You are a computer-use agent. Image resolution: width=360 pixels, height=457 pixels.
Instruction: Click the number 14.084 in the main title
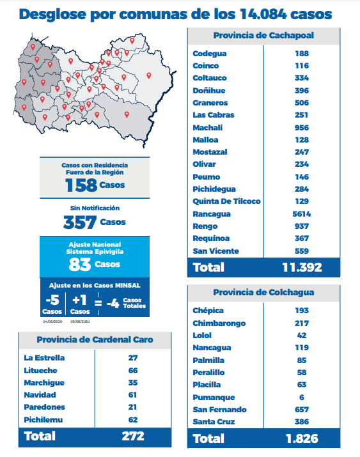(x=263, y=14)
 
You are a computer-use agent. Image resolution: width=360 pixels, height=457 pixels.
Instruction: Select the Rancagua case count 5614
(x=302, y=214)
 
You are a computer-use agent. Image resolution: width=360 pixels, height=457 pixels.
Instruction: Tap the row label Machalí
(x=208, y=128)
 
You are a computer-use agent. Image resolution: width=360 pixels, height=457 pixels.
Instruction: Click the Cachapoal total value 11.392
(x=302, y=267)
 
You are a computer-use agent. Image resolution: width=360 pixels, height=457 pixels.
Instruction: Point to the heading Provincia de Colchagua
(x=263, y=292)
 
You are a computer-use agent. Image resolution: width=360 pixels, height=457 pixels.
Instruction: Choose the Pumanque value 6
(x=302, y=398)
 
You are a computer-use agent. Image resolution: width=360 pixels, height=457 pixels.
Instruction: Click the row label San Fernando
(x=219, y=410)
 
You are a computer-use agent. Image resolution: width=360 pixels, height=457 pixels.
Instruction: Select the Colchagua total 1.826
(x=302, y=438)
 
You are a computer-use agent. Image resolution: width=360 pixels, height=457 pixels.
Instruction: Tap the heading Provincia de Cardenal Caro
(x=95, y=339)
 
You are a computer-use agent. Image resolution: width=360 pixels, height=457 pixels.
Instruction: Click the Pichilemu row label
(x=43, y=420)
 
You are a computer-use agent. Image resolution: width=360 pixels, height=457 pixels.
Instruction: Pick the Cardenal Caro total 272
(x=133, y=436)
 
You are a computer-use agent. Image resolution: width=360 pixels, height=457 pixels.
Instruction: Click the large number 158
(x=81, y=185)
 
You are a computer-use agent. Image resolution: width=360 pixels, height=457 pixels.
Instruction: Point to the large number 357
(x=79, y=222)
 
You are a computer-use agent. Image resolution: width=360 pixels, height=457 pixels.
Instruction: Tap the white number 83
(x=79, y=265)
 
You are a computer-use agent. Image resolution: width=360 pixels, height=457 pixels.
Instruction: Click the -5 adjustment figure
(x=52, y=300)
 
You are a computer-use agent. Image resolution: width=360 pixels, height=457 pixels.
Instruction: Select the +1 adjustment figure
(x=79, y=300)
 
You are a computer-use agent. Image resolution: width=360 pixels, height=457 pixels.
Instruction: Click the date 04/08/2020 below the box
(x=52, y=321)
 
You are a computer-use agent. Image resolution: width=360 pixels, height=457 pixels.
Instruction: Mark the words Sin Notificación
(x=95, y=208)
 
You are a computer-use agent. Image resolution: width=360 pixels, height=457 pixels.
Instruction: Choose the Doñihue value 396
(x=302, y=91)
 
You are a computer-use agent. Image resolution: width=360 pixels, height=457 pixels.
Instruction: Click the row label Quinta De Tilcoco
(x=226, y=201)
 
